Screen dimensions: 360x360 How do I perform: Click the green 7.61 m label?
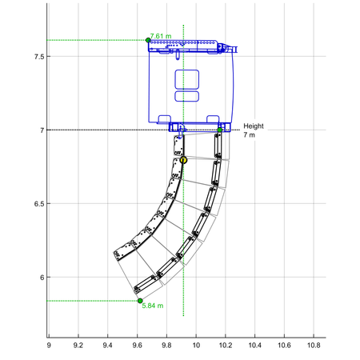pos(161,36)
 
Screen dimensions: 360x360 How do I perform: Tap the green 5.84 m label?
pos(153,306)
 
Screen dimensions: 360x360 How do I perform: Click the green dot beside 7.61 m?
pos(148,40)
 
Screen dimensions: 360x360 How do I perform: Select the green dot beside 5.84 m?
pos(140,301)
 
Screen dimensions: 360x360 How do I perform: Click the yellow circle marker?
pos(183,160)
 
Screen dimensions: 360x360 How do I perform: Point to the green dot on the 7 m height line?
pos(219,130)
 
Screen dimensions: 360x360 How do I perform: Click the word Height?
pos(254,126)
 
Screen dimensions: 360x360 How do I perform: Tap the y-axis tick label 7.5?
pos(38,57)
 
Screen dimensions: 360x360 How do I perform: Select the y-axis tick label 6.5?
pos(38,204)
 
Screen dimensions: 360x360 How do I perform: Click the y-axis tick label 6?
pos(42,278)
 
